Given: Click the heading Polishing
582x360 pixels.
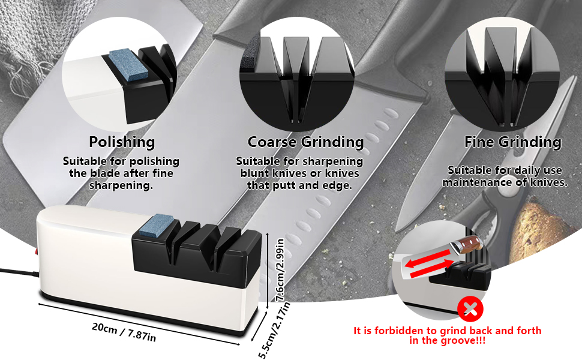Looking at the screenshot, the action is pyautogui.click(x=122, y=142).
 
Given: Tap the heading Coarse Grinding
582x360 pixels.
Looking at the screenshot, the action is pyautogui.click(x=305, y=142).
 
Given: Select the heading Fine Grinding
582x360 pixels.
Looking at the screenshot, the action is pyautogui.click(x=512, y=142).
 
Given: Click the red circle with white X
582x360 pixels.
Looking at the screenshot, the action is pyautogui.click(x=470, y=309).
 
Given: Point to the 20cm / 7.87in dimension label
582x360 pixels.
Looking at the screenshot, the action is pyautogui.click(x=124, y=331).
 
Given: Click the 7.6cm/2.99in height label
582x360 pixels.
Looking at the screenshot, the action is pyautogui.click(x=280, y=270).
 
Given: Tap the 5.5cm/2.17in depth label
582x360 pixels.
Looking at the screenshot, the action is pyautogui.click(x=274, y=331).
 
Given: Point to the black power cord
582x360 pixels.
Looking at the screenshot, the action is pyautogui.click(x=19, y=272).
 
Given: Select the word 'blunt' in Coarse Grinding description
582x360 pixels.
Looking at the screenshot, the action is pyautogui.click(x=254, y=173).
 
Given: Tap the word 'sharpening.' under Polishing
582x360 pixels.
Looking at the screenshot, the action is pyautogui.click(x=121, y=185).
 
